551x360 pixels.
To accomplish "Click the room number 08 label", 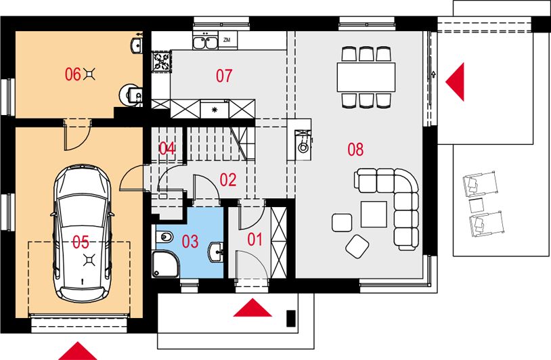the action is coord(355,150).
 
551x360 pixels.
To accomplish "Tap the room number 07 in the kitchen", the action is coord(224,76).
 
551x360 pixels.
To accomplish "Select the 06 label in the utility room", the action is coord(72,74).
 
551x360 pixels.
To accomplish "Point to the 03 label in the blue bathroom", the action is coord(190,242).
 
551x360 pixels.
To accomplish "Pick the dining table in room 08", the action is coord(366,77).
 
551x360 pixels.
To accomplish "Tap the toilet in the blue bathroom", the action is coord(164,237).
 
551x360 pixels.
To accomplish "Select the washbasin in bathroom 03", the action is coord(216,252).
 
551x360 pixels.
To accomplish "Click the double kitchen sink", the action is coord(205,42).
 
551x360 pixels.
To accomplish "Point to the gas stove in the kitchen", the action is coord(162,61).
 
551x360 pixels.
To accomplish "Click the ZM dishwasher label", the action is coord(227,40).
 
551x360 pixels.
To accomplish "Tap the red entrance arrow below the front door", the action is coord(252,308).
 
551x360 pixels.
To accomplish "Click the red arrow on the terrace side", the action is coord(455,82).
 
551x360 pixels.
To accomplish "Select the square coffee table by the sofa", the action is coord(374,215).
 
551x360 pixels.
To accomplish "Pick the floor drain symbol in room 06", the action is coord(90,74).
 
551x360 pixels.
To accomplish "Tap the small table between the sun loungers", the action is coord(477,206).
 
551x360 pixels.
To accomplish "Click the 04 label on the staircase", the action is coord(167,149).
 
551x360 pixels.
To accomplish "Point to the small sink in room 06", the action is coord(137,45).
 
